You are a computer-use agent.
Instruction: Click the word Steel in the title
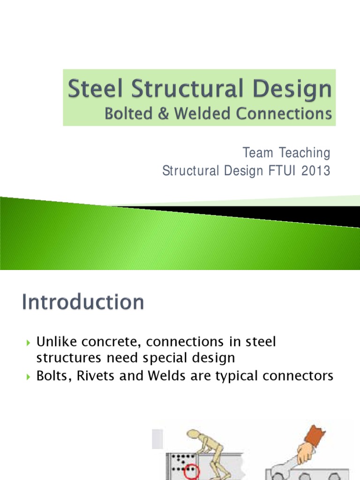pyautogui.click(x=94, y=90)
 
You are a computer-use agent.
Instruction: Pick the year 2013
pyautogui.click(x=315, y=172)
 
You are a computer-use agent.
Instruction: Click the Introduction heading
pyautogui.click(x=83, y=303)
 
